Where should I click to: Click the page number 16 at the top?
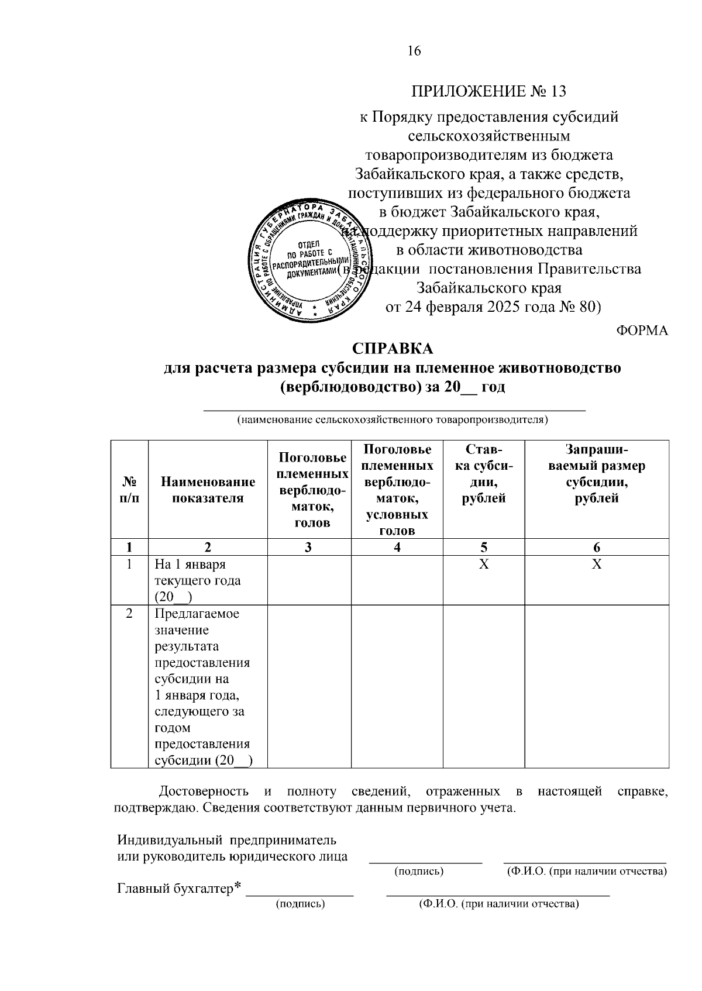414,51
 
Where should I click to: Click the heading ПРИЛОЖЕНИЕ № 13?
489,92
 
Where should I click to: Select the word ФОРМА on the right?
642,331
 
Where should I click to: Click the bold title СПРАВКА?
393,349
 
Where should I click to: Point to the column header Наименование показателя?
208,490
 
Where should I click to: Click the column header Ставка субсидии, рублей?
483,474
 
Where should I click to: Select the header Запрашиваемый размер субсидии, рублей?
596,474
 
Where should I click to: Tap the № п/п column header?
129,490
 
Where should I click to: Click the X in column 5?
483,565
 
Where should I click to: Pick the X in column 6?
596,565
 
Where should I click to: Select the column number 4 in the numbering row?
397,548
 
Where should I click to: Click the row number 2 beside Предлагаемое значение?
129,614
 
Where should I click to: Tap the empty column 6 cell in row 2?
596,686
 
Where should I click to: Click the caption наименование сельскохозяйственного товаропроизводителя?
392,420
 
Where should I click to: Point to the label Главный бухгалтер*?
179,889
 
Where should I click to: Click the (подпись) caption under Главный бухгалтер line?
300,904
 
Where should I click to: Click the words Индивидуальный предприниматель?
226,840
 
